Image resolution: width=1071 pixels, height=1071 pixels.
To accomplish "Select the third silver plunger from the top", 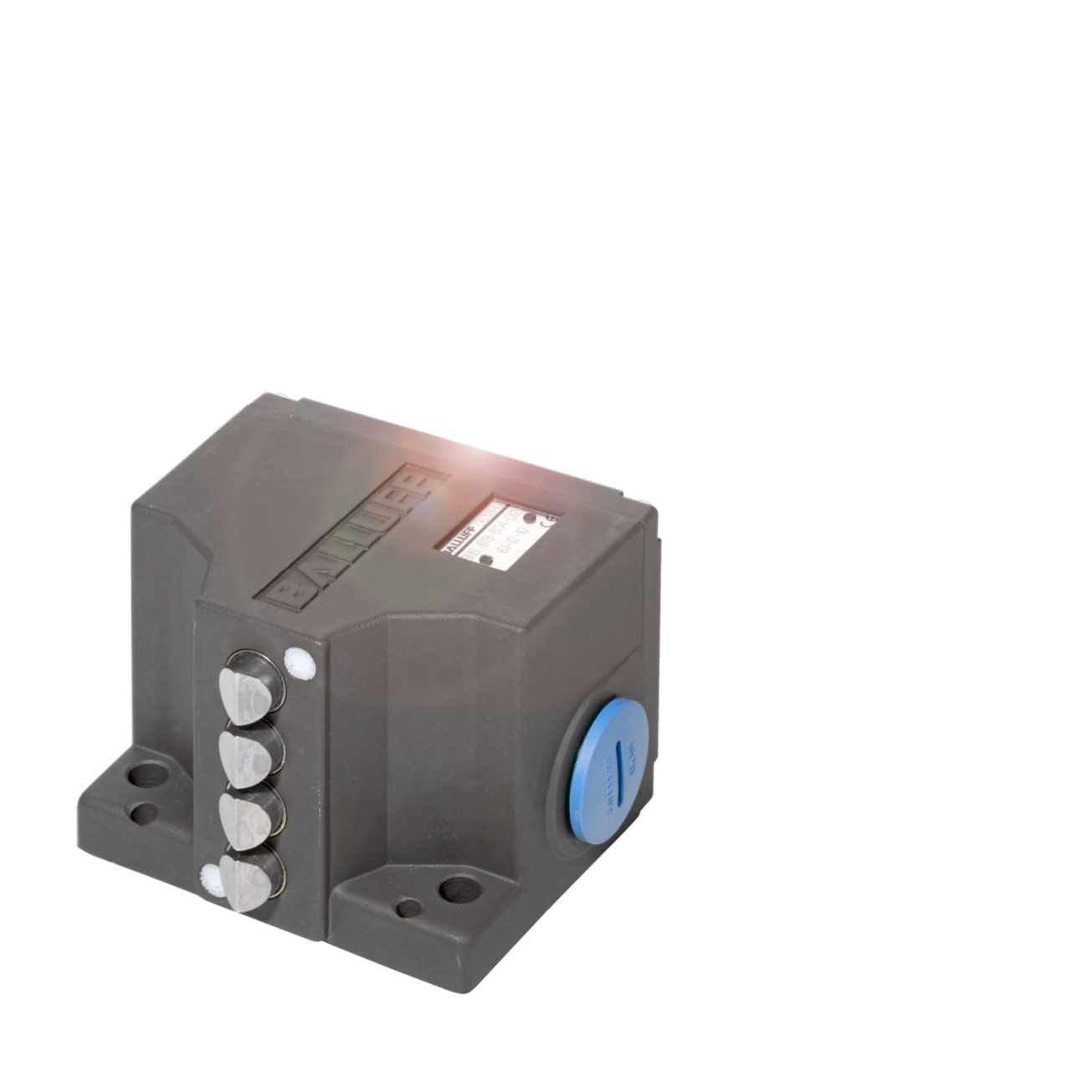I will click(245, 820).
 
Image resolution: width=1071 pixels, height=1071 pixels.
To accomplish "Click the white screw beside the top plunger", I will click(299, 664).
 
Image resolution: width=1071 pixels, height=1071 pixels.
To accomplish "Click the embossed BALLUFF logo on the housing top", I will click(355, 535).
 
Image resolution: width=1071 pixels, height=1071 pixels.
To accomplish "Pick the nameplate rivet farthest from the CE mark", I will click(485, 572).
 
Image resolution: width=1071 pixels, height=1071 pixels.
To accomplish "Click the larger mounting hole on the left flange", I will click(147, 774).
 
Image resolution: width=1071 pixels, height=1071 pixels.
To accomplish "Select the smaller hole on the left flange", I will click(146, 812).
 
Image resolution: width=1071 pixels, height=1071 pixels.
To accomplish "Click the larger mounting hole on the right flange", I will click(459, 889).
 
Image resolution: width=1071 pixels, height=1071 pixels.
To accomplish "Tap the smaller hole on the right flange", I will click(409, 908).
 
